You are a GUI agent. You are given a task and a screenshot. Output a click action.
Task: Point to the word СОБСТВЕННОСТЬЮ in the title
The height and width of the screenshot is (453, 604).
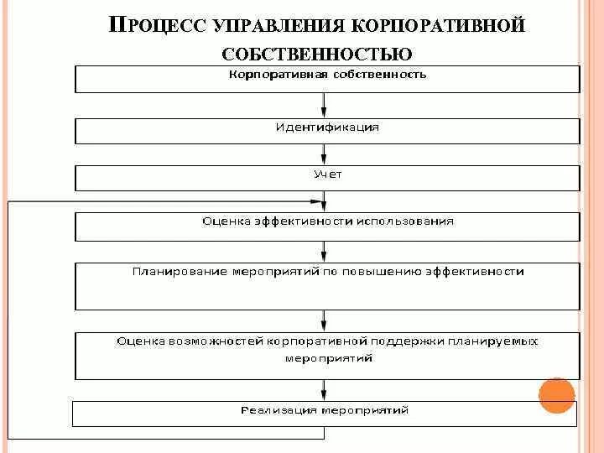pyautogui.click(x=317, y=55)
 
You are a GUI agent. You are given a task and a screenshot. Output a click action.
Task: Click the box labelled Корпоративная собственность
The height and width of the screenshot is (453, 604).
pyautogui.click(x=327, y=79)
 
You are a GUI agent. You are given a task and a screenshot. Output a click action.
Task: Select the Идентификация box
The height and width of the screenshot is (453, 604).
pyautogui.click(x=327, y=131)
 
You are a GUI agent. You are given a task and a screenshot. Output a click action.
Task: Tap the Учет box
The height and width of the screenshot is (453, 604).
pyautogui.click(x=327, y=178)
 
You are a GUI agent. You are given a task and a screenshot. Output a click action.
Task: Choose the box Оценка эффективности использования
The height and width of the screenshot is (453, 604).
pyautogui.click(x=327, y=226)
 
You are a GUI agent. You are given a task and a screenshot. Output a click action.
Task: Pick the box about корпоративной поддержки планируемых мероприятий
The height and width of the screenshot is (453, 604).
pyautogui.click(x=327, y=356)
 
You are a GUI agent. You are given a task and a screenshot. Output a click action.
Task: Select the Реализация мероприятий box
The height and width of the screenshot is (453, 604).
pyautogui.click(x=325, y=414)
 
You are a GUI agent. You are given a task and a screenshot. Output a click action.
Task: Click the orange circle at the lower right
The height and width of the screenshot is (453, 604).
pyautogui.click(x=557, y=395)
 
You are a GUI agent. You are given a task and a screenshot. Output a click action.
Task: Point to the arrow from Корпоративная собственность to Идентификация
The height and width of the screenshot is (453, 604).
pyautogui.click(x=325, y=106)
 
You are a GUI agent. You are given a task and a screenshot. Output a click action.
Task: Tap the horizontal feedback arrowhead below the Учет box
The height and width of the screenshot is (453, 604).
pyautogui.click(x=316, y=201)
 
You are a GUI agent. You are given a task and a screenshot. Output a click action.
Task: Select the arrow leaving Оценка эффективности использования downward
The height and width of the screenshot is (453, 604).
pyautogui.click(x=325, y=252)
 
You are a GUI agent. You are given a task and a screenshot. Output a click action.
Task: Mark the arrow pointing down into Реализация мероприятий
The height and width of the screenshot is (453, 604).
pyautogui.click(x=325, y=391)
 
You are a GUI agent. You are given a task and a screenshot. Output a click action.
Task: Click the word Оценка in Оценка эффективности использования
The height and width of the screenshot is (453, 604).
pyautogui.click(x=221, y=221)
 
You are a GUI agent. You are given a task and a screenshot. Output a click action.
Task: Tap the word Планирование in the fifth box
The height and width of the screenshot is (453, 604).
pyautogui.click(x=171, y=272)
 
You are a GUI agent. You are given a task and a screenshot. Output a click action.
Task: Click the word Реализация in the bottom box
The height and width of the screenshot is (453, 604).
pyautogui.click(x=270, y=410)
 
